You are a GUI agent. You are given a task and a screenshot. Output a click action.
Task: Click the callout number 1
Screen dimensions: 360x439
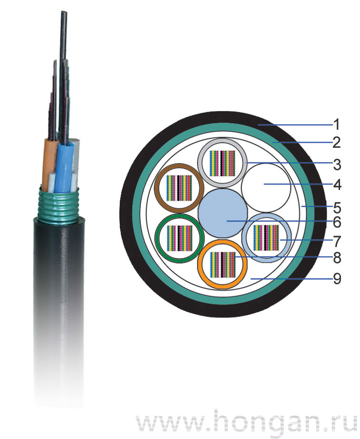pos(337,124)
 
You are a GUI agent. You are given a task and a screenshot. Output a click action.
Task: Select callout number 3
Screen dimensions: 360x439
pos(337,164)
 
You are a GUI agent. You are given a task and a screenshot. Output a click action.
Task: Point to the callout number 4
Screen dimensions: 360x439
pos(337,185)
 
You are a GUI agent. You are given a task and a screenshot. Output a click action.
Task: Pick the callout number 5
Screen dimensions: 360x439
pos(337,208)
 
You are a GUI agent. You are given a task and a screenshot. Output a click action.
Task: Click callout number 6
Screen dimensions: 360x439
pos(337,222)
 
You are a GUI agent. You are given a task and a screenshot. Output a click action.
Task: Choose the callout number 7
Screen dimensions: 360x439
pos(337,241)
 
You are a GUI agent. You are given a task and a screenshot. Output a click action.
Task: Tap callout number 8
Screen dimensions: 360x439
pos(337,258)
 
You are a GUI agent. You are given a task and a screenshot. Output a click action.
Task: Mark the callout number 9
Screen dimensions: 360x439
pos(337,278)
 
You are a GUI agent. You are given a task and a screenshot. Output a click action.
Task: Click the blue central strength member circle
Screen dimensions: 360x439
pos(223,213)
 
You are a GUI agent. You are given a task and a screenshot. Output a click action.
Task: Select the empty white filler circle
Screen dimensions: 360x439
pos(266,188)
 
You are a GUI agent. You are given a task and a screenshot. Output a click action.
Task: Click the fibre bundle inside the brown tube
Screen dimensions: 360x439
pos(179,188)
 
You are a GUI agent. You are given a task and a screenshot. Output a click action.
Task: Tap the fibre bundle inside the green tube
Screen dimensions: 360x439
pos(179,238)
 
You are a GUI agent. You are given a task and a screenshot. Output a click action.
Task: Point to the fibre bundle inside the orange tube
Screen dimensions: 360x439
pos(223,265)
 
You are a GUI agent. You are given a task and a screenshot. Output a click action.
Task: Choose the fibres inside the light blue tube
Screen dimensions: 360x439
pos(266,238)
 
